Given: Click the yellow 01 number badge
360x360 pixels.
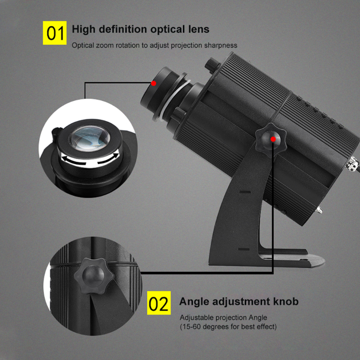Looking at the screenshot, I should point(55,33).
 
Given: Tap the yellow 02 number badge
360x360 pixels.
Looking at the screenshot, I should point(158,304).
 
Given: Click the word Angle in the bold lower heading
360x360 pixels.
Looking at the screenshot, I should point(194,301).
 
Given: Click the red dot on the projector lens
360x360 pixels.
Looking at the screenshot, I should point(154,83).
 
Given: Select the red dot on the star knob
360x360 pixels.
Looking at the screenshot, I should point(273,139).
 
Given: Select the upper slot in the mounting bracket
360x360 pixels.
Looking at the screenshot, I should point(245,192).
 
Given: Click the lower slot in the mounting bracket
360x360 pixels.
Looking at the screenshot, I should point(245,250).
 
